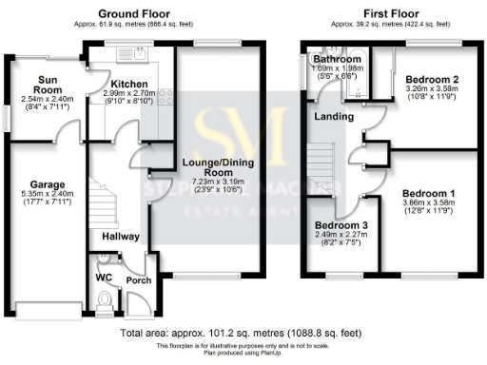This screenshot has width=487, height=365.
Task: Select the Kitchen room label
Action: (129, 84)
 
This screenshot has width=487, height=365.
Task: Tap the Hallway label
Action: (121, 236)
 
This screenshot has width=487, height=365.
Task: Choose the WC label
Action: (105, 278)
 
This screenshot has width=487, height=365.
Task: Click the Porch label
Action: (138, 280)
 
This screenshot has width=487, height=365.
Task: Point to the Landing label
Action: (336, 117)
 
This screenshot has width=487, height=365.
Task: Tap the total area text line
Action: (243, 335)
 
